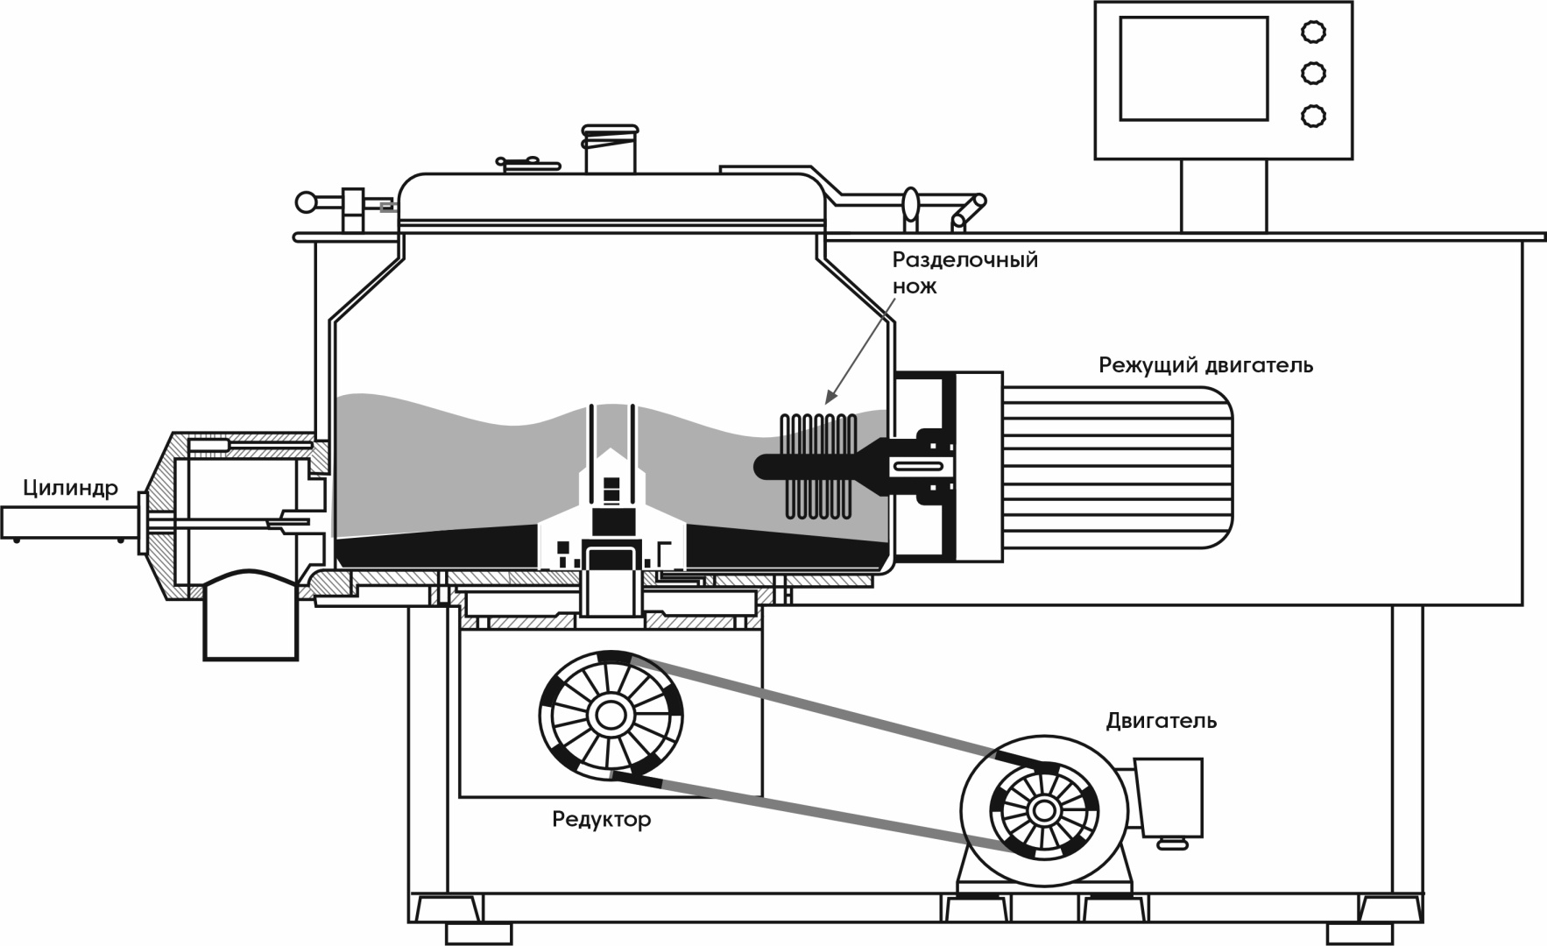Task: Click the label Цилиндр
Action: pos(70,489)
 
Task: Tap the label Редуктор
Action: pos(601,821)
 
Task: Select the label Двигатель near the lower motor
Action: pos(1161,721)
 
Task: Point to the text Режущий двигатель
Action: pos(1205,365)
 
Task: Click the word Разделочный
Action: pos(964,260)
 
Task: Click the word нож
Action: pos(915,286)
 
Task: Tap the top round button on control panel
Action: pos(1312,32)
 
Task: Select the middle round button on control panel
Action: pos(1312,74)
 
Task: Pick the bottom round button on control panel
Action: pos(1312,116)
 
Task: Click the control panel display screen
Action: pos(1193,68)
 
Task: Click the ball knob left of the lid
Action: pos(307,202)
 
